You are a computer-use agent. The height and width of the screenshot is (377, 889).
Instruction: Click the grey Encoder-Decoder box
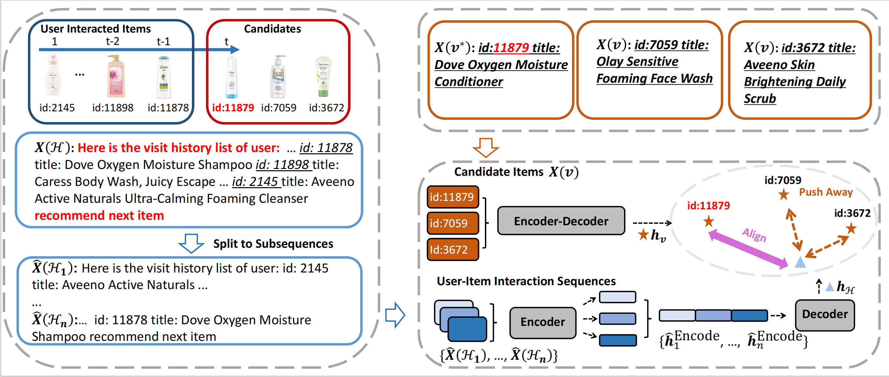pyautogui.click(x=561, y=221)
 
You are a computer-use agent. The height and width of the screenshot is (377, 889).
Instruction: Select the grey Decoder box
pyautogui.click(x=824, y=314)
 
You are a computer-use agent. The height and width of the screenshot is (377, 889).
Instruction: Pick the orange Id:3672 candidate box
pyautogui.click(x=452, y=250)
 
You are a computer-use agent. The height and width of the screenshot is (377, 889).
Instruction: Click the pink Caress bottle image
pyautogui.click(x=116, y=77)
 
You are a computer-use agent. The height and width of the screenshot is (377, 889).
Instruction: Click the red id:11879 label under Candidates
pyautogui.click(x=233, y=108)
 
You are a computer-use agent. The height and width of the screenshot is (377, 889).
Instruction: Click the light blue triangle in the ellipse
pyautogui.click(x=800, y=263)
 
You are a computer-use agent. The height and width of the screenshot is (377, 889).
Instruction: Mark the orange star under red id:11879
pyautogui.click(x=708, y=221)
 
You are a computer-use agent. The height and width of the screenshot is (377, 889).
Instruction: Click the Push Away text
pyautogui.click(x=825, y=192)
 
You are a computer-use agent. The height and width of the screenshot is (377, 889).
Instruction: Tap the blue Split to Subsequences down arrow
pyautogui.click(x=191, y=244)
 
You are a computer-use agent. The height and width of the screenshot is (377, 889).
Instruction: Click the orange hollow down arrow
pyautogui.click(x=486, y=147)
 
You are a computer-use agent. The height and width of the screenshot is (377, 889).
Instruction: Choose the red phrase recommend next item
pyautogui.click(x=99, y=216)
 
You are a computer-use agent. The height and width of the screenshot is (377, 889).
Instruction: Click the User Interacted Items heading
pyautogui.click(x=95, y=29)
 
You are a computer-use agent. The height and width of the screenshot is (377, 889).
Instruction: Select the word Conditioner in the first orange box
pyautogui.click(x=468, y=82)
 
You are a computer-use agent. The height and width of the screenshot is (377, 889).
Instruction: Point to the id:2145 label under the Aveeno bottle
pyautogui.click(x=57, y=108)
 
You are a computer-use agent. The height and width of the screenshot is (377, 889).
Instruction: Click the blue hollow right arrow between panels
pyautogui.click(x=395, y=315)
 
